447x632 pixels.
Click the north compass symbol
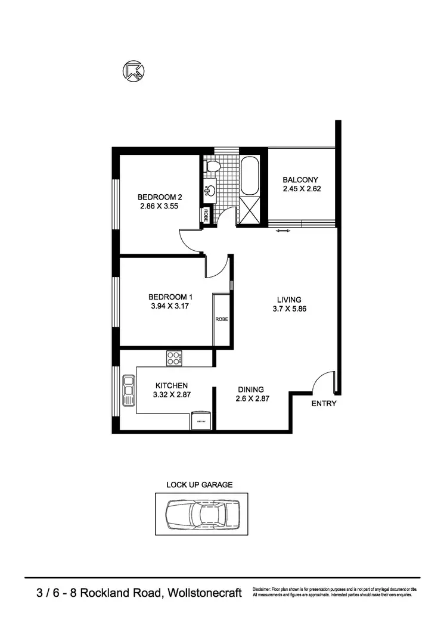tap(134, 71)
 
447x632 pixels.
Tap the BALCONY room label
tap(300, 180)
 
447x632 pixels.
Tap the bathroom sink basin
tap(210, 191)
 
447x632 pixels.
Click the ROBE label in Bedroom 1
tap(221, 319)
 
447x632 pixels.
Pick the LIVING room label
tap(288, 300)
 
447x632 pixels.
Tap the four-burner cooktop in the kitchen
tap(174, 358)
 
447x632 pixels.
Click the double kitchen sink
tap(128, 390)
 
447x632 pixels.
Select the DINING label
tap(250, 390)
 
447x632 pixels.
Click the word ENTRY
tap(324, 403)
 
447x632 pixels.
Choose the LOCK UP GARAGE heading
tap(200, 484)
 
